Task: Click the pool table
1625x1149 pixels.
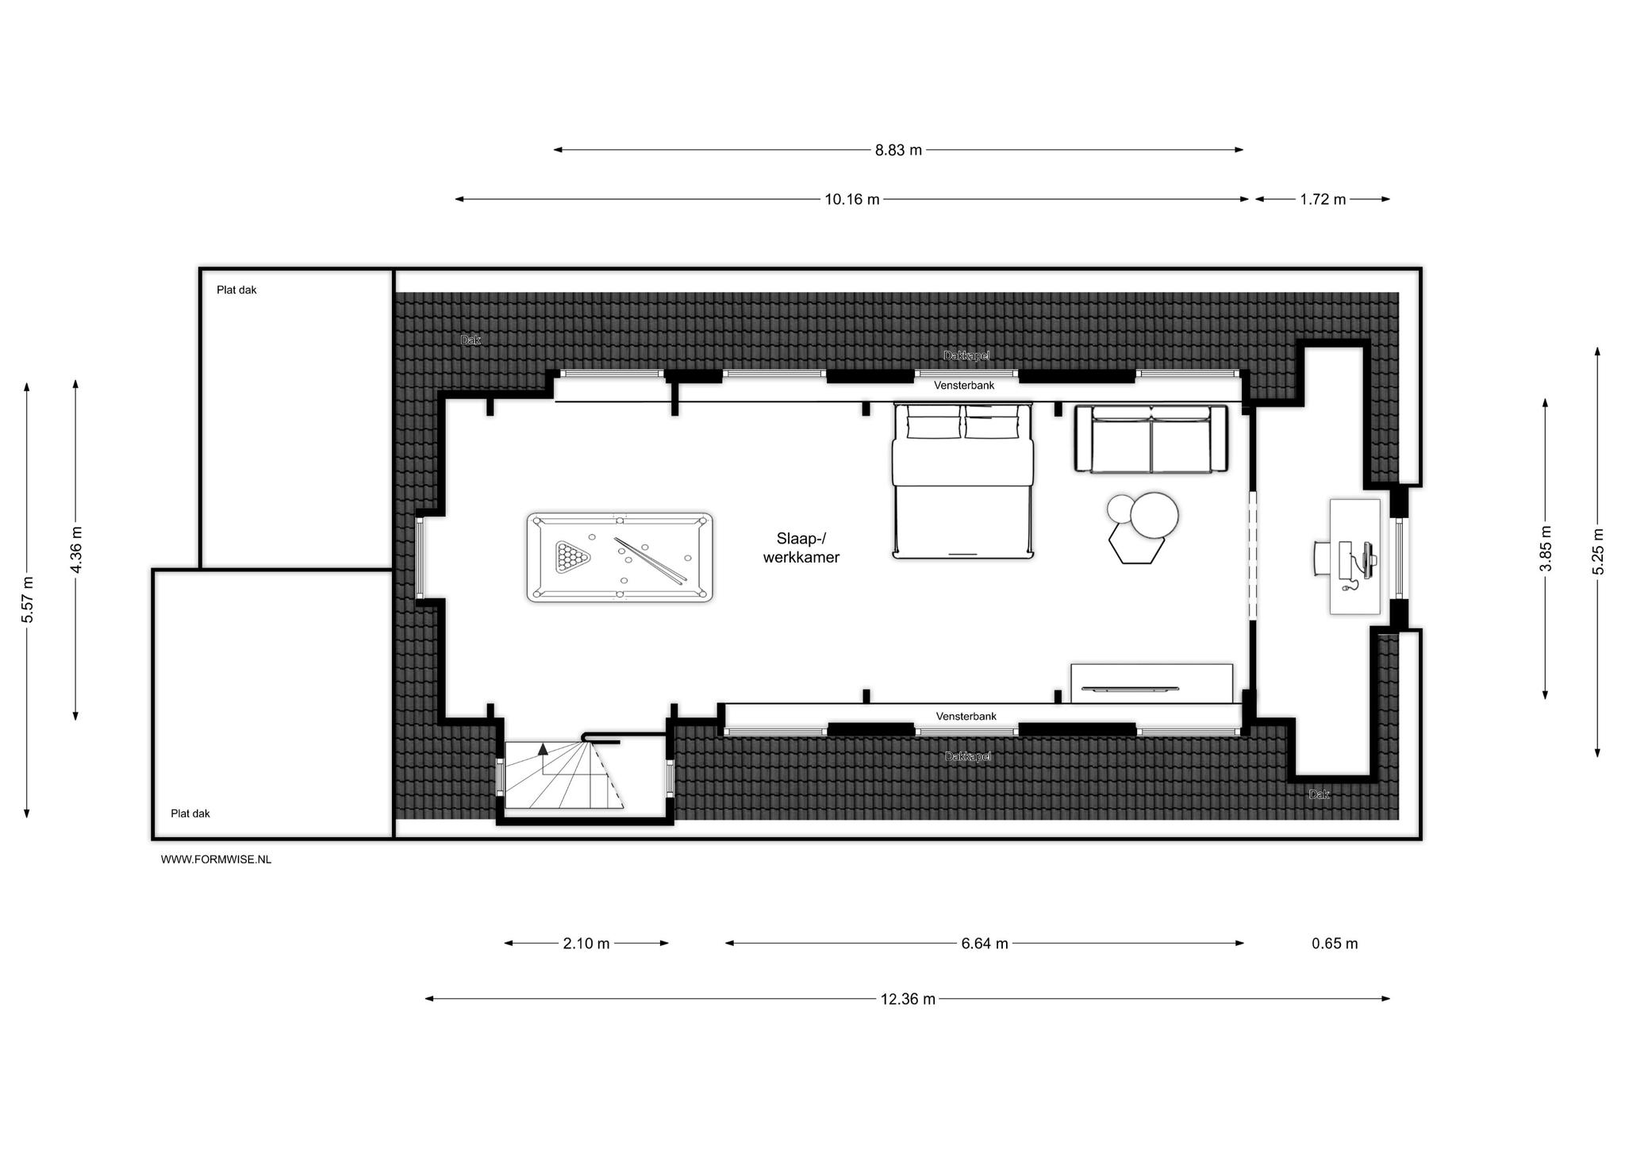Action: (x=620, y=557)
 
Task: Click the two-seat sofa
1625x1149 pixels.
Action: (x=1151, y=439)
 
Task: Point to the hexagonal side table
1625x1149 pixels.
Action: (x=1136, y=546)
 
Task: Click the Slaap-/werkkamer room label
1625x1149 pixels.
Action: (x=801, y=548)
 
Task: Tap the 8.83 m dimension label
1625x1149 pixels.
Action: (x=898, y=150)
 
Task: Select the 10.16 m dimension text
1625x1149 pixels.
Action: (x=852, y=199)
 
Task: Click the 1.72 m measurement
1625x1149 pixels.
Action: (x=1323, y=199)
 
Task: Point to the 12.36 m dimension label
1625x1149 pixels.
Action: (x=908, y=999)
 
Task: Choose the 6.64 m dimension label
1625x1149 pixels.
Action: (x=985, y=943)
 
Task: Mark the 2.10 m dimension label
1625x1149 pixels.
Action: (x=586, y=943)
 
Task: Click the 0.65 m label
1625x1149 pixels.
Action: (x=1335, y=943)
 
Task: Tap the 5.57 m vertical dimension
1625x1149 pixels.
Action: (x=27, y=599)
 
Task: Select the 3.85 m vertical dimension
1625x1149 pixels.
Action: (x=1545, y=548)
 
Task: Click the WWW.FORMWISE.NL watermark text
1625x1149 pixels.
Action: (x=216, y=859)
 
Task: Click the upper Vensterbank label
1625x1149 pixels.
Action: (x=964, y=386)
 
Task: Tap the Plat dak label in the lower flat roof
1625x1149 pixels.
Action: (x=190, y=813)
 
